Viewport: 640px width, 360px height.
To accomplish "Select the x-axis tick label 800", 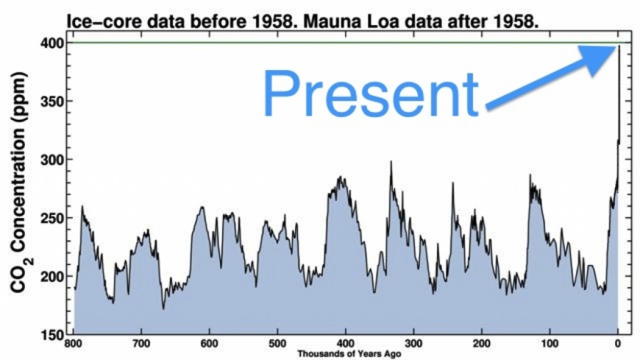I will pyautogui.click(x=74, y=344).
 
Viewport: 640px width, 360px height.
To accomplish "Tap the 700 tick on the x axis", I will pyautogui.click(x=142, y=344).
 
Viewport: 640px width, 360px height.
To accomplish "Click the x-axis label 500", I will pyautogui.click(x=278, y=344).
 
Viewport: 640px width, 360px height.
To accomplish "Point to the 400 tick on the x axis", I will pyautogui.click(x=346, y=344).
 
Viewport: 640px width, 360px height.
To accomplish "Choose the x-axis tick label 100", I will pyautogui.click(x=549, y=344).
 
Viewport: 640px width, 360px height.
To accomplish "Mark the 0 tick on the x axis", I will pyautogui.click(x=617, y=344).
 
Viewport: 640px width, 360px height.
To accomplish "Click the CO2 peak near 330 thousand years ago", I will pyautogui.click(x=391, y=162).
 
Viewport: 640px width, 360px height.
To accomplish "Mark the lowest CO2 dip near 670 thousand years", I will pyautogui.click(x=164, y=308).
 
